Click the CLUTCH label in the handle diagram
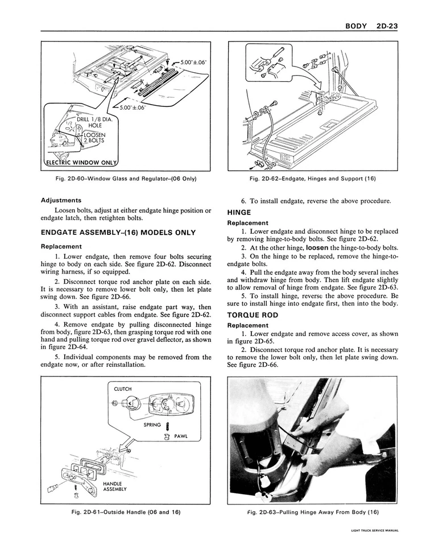122,389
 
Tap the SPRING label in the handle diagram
152,424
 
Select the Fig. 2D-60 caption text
126,179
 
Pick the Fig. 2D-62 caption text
312,179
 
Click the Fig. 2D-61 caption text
126,512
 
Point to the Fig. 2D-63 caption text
312,512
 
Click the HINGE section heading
239,212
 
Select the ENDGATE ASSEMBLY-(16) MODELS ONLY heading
118,233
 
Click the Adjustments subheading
61,200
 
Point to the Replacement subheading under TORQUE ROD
247,325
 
